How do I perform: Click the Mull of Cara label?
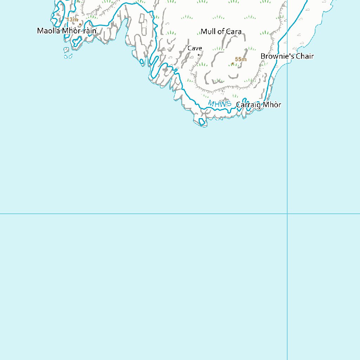tap(221, 32)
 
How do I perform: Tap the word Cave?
tap(194, 49)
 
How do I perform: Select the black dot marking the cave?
tap(199, 55)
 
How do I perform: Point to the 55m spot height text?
tap(241, 59)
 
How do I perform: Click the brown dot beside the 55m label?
tap(233, 64)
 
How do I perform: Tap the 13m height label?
tap(72, 20)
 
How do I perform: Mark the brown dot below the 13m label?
tap(80, 24)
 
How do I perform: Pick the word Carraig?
tap(247, 105)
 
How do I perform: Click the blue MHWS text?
tap(220, 104)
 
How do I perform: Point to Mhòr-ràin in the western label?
tap(79, 31)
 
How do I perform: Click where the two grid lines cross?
tap(287, 213)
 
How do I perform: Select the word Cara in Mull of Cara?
tap(234, 32)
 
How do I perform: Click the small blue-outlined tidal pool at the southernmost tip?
tap(202, 122)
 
